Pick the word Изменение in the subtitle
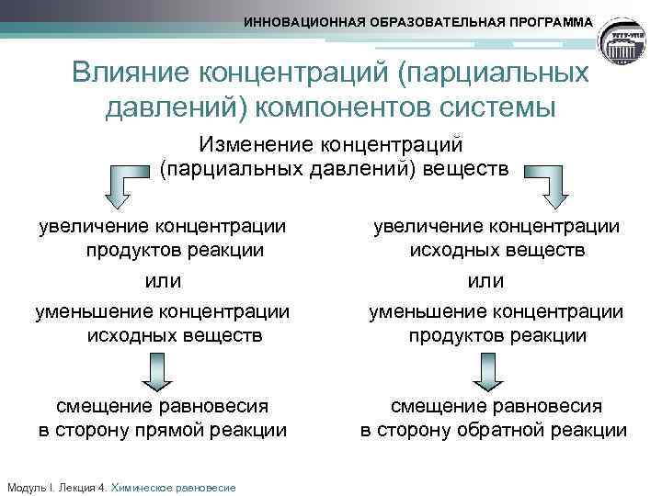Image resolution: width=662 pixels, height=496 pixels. point(254,144)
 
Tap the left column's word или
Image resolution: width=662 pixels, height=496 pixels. point(163,280)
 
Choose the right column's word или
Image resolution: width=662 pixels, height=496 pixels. point(485,280)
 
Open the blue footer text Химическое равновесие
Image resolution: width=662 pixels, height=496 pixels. point(173,487)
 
